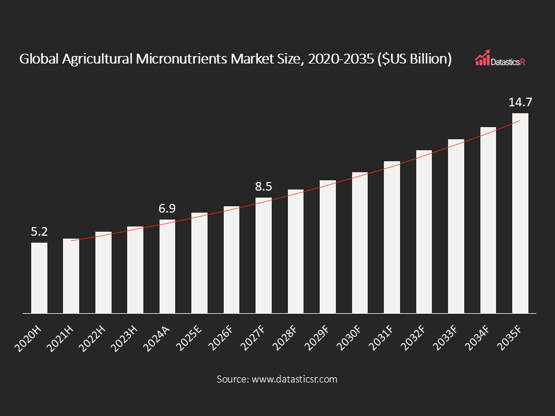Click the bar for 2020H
39,278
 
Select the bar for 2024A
168,266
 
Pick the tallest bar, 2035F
520,213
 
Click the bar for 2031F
392,237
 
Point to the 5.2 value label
39,232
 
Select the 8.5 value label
264,187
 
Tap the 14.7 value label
520,103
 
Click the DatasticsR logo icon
482,57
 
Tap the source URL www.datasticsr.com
294,380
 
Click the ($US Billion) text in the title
414,59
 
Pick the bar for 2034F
489,220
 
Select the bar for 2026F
232,260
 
